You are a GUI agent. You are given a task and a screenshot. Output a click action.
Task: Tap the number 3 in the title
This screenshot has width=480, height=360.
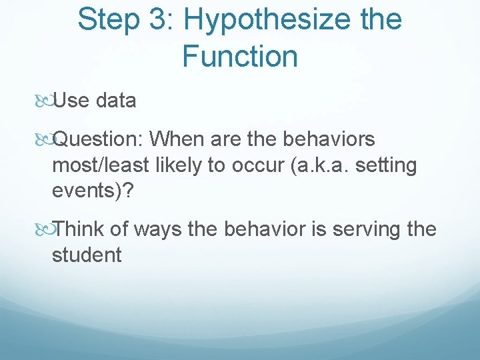[159, 19]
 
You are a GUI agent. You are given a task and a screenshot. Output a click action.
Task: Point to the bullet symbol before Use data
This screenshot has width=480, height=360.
[45, 101]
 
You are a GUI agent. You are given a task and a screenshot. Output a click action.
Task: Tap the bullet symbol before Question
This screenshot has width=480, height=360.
[45, 140]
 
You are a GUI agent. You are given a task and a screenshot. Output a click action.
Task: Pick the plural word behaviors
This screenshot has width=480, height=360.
[329, 139]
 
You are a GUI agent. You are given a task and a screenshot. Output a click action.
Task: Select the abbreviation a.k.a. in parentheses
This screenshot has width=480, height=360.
[317, 165]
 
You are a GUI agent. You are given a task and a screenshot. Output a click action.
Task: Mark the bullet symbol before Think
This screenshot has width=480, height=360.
[45, 230]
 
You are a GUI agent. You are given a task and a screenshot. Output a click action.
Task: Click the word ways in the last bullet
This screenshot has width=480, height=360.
[156, 230]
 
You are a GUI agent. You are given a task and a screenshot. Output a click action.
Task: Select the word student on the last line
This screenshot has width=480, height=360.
[87, 255]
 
